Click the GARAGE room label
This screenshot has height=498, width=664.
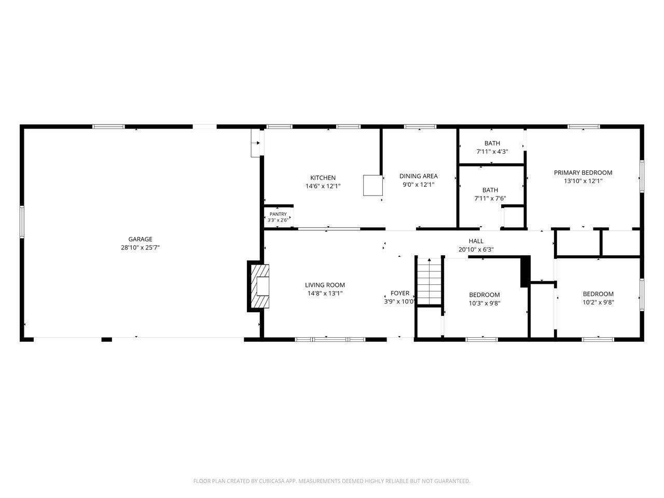(140, 239)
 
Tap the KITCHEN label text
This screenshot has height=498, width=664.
(323, 178)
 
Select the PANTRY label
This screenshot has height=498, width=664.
(278, 214)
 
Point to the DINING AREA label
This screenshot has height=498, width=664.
(418, 176)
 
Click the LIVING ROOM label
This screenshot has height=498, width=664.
(325, 285)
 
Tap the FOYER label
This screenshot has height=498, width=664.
(400, 293)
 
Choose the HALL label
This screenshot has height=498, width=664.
(476, 241)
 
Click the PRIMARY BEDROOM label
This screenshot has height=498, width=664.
(583, 173)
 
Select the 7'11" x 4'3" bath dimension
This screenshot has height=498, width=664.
(492, 151)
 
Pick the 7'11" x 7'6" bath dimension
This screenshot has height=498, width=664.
(490, 198)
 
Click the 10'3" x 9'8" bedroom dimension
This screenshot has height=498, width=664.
(485, 303)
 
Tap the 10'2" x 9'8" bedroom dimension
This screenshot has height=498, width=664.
(598, 302)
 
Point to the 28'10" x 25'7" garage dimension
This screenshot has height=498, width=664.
(140, 247)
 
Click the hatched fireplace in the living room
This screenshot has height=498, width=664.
(259, 286)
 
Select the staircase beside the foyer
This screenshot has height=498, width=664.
(429, 282)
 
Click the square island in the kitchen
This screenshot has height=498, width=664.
(372, 185)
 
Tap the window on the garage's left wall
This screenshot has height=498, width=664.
(22, 222)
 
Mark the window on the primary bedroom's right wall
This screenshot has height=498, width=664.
(642, 176)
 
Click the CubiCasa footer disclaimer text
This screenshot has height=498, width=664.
(332, 481)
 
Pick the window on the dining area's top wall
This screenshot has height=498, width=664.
(420, 127)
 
